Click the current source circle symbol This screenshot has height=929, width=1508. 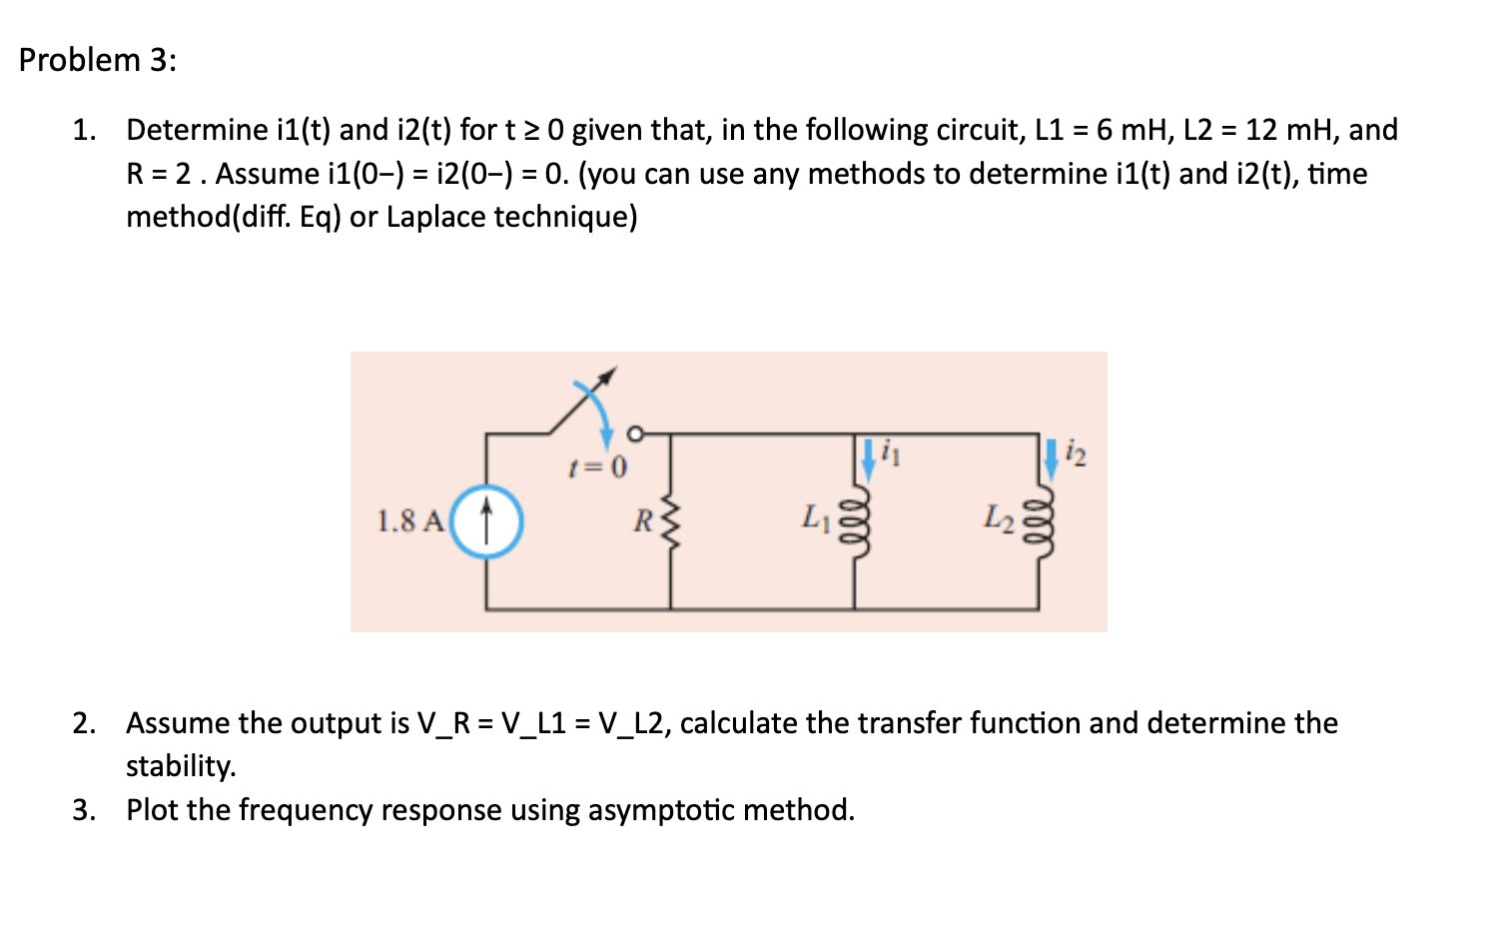pyautogui.click(x=486, y=521)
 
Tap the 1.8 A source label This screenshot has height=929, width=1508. pyautogui.click(x=409, y=521)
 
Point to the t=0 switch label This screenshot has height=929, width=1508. pyautogui.click(x=597, y=467)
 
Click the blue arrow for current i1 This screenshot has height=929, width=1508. pyautogui.click(x=867, y=456)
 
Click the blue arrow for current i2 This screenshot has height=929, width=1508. pyautogui.click(x=1051, y=458)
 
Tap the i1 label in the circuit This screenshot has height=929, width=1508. pyautogui.click(x=892, y=456)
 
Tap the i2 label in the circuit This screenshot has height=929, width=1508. pyautogui.click(x=1077, y=456)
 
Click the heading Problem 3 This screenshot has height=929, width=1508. pyautogui.click(x=97, y=60)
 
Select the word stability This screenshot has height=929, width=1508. pyautogui.click(x=180, y=766)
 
